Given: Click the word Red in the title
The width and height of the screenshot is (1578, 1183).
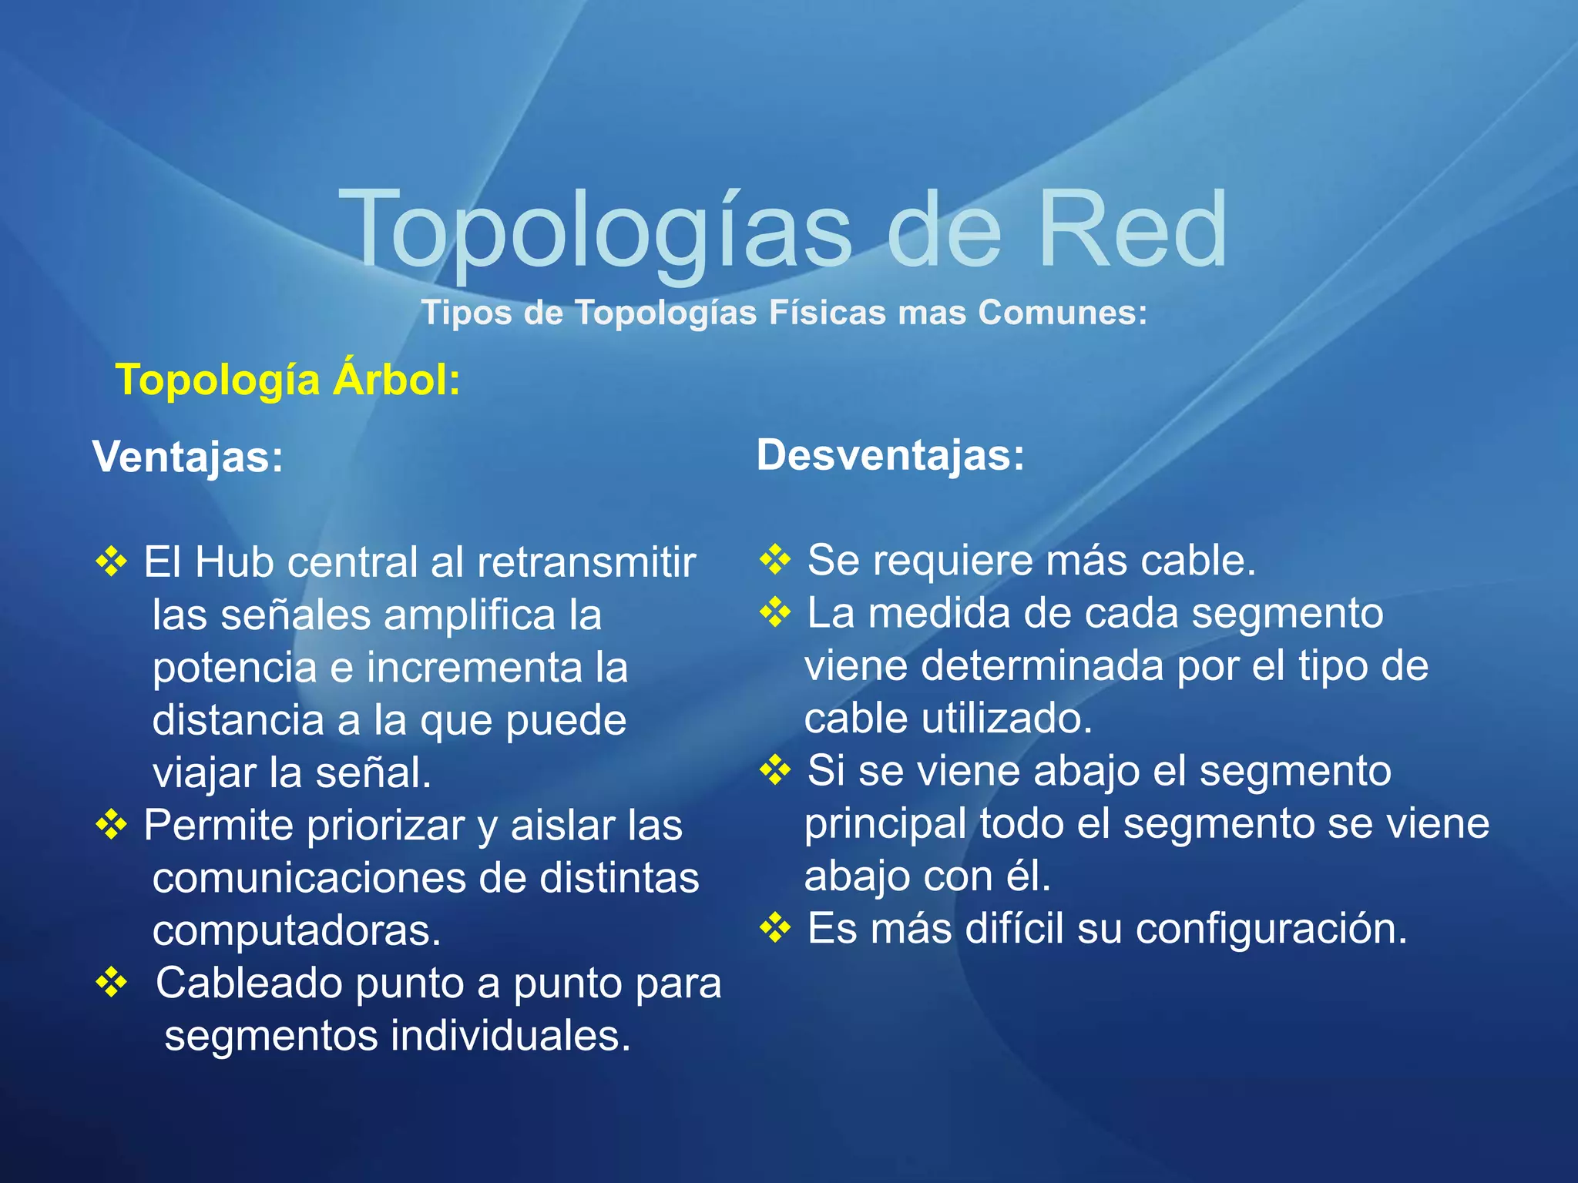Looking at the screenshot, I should point(1131,230).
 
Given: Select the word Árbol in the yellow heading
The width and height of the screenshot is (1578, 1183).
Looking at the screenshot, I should point(396,380).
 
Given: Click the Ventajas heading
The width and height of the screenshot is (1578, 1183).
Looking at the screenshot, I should point(188,457).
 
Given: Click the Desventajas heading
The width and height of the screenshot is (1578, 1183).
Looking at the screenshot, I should point(890,454).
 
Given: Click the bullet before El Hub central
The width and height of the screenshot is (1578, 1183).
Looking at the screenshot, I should point(112,561).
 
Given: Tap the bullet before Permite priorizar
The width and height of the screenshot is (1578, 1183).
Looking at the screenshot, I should point(112,825).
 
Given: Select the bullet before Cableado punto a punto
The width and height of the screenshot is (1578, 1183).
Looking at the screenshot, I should point(112,983).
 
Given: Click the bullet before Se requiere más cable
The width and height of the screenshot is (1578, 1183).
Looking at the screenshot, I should point(775,559).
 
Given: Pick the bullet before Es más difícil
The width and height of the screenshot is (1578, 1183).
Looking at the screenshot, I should point(775,928).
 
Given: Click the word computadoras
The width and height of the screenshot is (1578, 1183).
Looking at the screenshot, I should point(296,931).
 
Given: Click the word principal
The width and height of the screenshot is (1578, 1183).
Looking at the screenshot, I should point(885,824).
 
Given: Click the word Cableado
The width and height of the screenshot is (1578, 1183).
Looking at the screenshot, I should point(249,984).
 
